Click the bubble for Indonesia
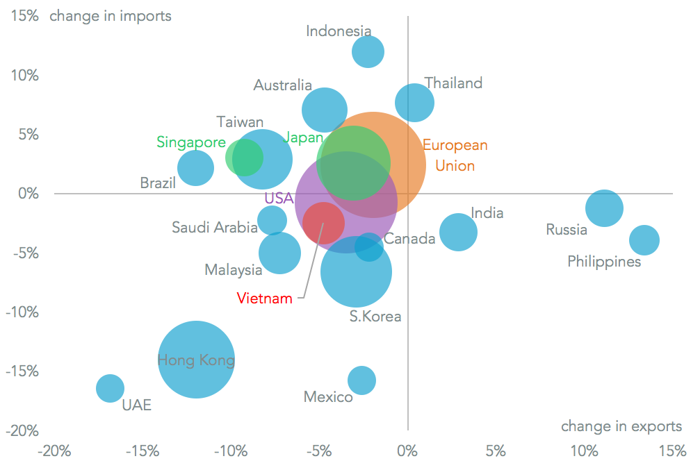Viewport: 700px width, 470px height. pyautogui.click(x=368, y=51)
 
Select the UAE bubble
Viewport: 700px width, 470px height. pyautogui.click(x=110, y=388)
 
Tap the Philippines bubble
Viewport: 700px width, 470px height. pyautogui.click(x=644, y=240)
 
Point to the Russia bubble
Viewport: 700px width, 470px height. pyautogui.click(x=604, y=208)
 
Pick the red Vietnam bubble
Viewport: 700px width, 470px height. pyautogui.click(x=323, y=223)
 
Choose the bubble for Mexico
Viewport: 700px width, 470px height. pyautogui.click(x=361, y=380)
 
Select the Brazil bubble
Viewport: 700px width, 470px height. pyautogui.click(x=195, y=168)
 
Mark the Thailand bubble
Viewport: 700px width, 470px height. pyautogui.click(x=415, y=103)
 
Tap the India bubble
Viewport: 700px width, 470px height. pyautogui.click(x=458, y=232)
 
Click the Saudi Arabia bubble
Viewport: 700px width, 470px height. pyautogui.click(x=272, y=221)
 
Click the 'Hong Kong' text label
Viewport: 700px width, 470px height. pyautogui.click(x=196, y=361)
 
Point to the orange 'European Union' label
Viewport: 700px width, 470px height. pyautogui.click(x=455, y=156)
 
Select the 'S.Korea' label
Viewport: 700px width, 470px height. pyautogui.click(x=375, y=317)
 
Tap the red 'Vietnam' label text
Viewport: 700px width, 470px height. pyautogui.click(x=264, y=299)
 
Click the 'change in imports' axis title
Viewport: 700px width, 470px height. pyautogui.click(x=111, y=15)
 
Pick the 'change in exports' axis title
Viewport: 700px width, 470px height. pyautogui.click(x=621, y=426)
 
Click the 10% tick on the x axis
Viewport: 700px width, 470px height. pyautogui.click(x=584, y=452)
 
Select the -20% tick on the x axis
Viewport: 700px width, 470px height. pyautogui.click(x=55, y=452)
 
